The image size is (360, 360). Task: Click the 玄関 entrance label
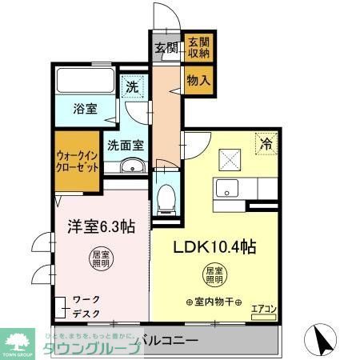tap(166, 47)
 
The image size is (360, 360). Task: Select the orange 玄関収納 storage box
tap(198, 47)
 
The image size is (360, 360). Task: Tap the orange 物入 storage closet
tap(198, 79)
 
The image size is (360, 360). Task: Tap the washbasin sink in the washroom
tap(132, 167)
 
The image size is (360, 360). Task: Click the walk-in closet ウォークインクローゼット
tap(78, 163)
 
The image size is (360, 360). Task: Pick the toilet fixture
tap(166, 195)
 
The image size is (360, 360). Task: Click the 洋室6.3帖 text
tap(98, 226)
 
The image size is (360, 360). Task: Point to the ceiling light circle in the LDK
tap(214, 276)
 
